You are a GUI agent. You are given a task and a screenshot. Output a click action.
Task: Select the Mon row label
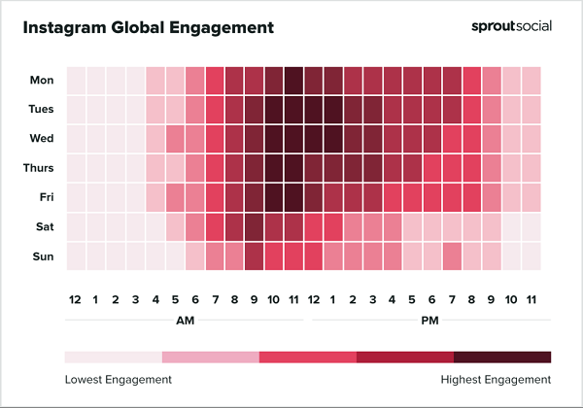(41, 80)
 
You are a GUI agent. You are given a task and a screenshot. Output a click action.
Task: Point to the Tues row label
(39, 109)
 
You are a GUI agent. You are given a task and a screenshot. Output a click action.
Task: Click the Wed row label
(41, 138)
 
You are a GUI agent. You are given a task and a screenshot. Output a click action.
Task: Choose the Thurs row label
(37, 167)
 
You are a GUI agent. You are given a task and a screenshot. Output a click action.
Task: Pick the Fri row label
(44, 196)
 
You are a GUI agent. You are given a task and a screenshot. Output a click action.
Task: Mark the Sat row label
(43, 225)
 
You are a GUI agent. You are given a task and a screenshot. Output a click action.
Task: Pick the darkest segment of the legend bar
(502, 357)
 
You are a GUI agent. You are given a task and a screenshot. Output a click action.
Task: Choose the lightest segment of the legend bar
(114, 357)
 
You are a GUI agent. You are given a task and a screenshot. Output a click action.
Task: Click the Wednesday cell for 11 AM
(293, 138)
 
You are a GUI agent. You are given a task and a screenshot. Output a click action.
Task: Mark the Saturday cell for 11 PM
(532, 225)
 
